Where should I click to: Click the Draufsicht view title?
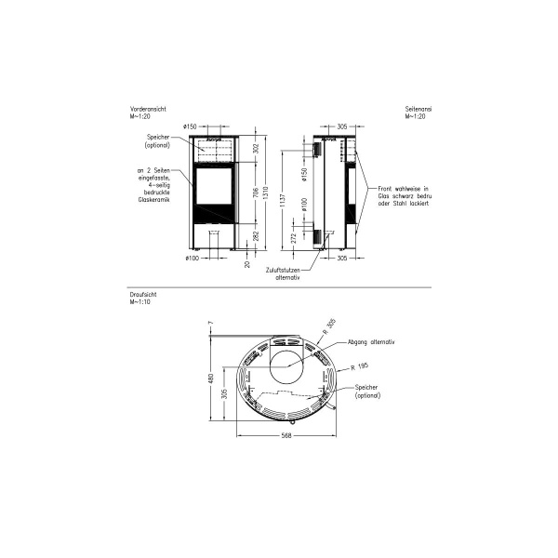[142, 297]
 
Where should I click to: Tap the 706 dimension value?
[256, 193]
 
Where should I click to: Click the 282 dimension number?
[256, 237]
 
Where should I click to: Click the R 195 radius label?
[361, 366]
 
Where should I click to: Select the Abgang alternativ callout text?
[370, 342]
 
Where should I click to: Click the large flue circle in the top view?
[289, 365]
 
